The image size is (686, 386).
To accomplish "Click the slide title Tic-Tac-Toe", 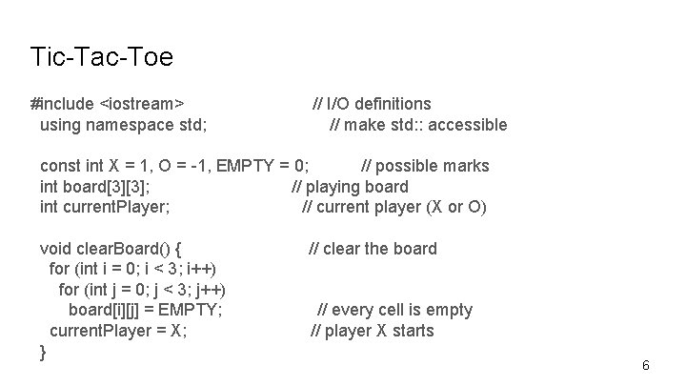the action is point(101,57).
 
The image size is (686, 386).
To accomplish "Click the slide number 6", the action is point(646,366).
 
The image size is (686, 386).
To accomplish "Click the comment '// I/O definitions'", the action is point(372,104).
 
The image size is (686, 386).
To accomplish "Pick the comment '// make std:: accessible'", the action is point(418,125).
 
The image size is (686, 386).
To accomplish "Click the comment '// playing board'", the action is point(350,187).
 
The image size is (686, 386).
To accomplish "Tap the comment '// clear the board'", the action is point(373,249).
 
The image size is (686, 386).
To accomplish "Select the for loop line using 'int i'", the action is point(131,269).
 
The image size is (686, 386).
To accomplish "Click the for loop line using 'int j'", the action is point(148,290).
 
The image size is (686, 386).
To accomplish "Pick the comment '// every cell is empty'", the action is point(394,310).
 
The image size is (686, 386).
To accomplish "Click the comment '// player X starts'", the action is point(373,331).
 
